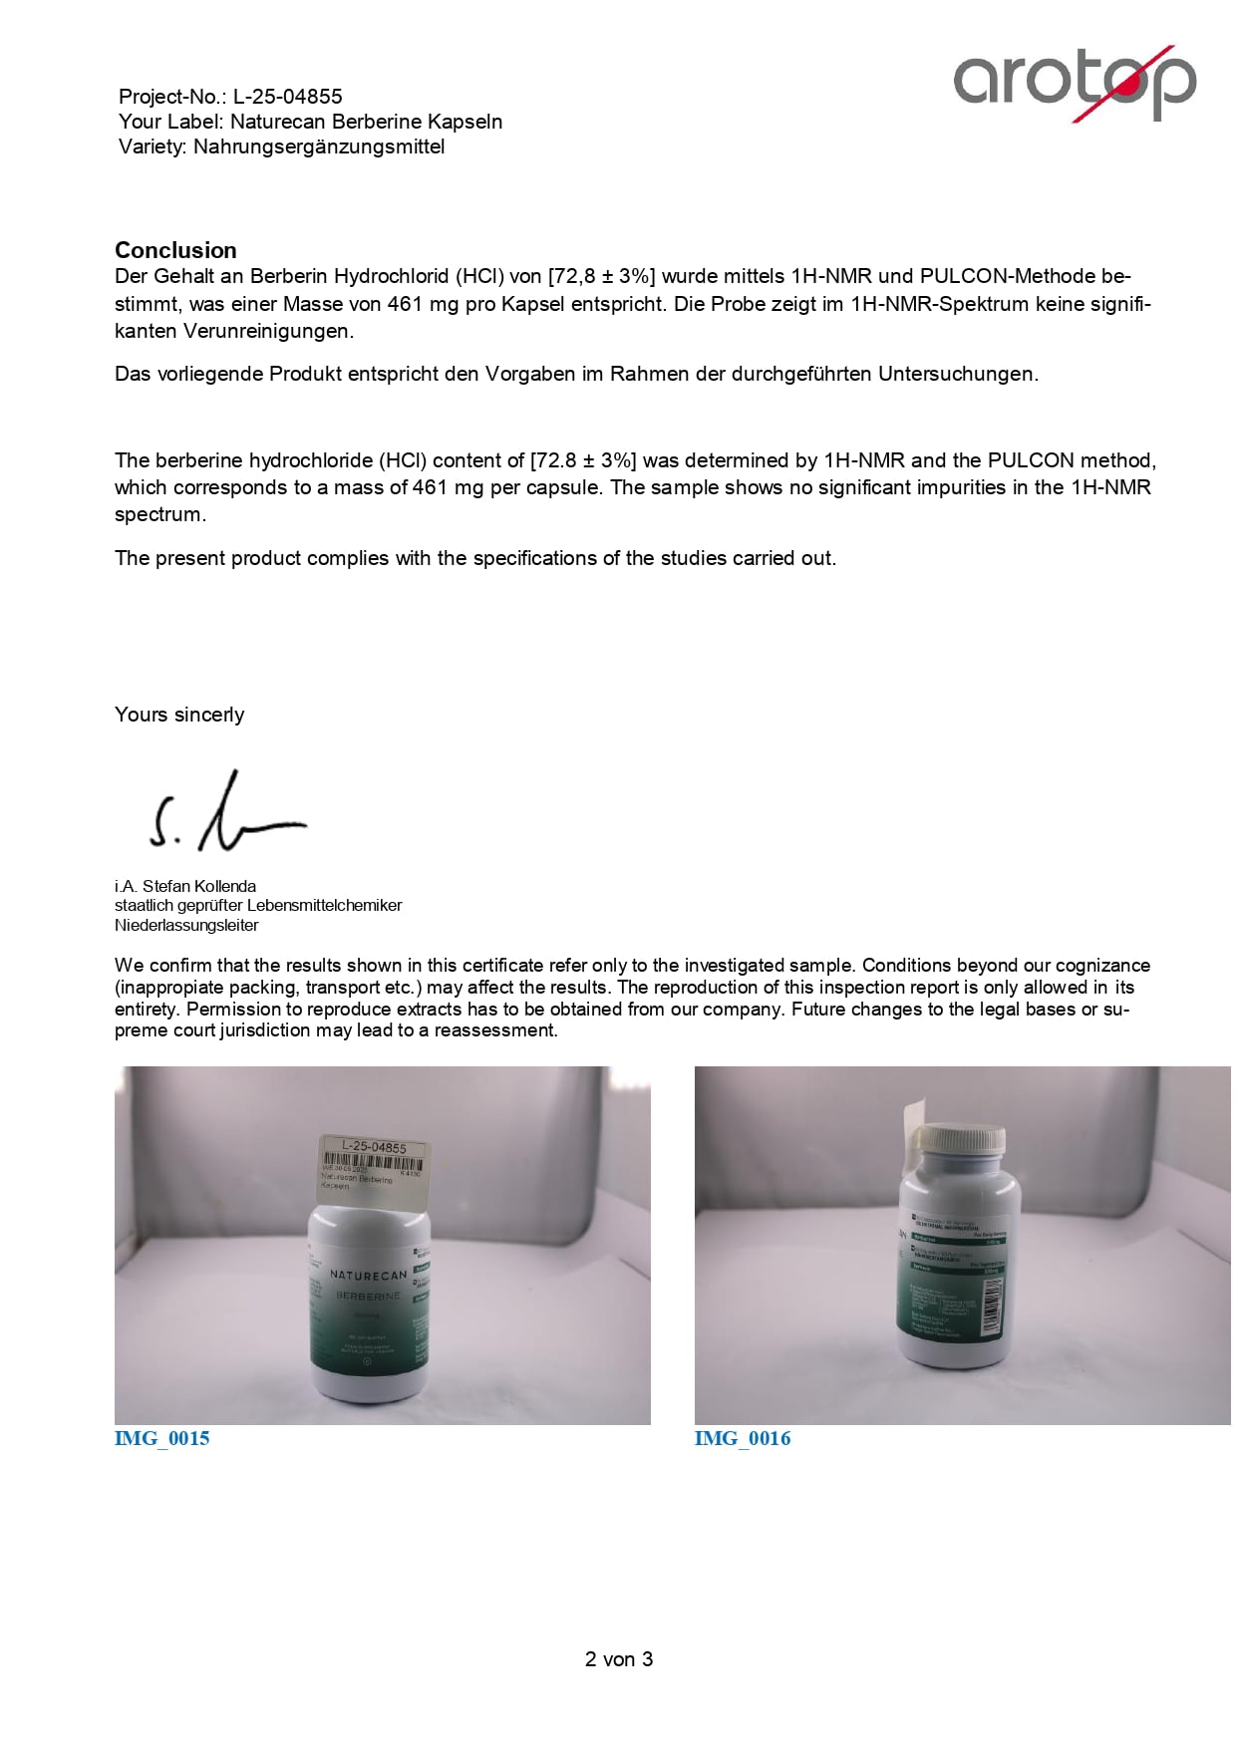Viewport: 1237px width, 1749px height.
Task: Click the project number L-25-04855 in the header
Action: pyautogui.click(x=287, y=97)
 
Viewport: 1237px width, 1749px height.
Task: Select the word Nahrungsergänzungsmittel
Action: pyautogui.click(x=319, y=146)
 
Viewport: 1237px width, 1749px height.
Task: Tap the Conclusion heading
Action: pyautogui.click(x=175, y=250)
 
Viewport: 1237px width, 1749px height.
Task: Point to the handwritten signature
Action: pyautogui.click(x=226, y=812)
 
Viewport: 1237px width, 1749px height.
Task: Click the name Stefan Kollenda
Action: pyautogui.click(x=199, y=886)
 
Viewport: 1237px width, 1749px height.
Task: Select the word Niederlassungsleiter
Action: pyautogui.click(x=186, y=925)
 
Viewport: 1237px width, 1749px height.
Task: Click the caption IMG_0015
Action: pyautogui.click(x=162, y=1438)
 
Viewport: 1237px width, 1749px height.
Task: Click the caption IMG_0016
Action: pyautogui.click(x=743, y=1438)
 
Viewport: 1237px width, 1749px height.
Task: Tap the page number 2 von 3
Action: pyautogui.click(x=618, y=1659)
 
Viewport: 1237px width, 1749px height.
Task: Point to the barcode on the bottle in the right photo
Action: pyautogui.click(x=991, y=1306)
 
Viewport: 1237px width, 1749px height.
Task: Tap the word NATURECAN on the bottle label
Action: pyautogui.click(x=368, y=1276)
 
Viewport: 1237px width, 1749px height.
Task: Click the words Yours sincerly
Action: pyautogui.click(x=179, y=715)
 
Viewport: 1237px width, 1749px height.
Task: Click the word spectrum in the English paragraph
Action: pyautogui.click(x=159, y=515)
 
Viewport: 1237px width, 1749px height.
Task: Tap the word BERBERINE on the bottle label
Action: pyautogui.click(x=368, y=1296)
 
